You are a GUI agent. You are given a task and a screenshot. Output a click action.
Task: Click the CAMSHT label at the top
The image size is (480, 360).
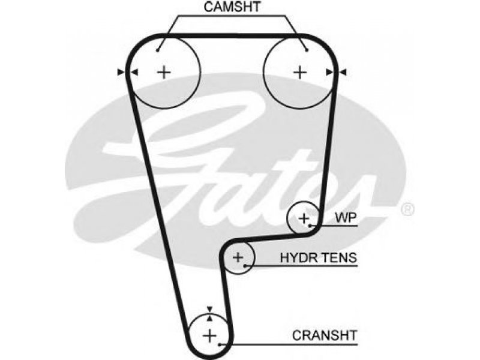[232, 7]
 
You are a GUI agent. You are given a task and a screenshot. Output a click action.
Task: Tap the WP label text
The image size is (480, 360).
[346, 218]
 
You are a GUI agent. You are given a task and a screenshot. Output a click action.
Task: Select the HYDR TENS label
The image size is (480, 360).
[319, 258]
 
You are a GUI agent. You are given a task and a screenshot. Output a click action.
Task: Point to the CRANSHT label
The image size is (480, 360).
[325, 335]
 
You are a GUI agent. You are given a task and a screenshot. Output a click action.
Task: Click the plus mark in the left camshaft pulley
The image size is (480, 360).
[164, 73]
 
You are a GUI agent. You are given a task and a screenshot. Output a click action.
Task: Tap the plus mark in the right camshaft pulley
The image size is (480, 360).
[300, 73]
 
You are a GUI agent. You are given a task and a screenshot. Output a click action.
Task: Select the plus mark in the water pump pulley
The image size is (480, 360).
[304, 218]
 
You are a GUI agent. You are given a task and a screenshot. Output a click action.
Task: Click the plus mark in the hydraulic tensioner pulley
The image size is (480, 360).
[238, 257]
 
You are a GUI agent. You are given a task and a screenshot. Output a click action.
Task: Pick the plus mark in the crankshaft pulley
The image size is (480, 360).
[209, 336]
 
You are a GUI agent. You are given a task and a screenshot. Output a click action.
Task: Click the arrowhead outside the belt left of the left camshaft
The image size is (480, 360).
[121, 73]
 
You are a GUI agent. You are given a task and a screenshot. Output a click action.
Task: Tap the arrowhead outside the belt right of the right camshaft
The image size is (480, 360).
[343, 73]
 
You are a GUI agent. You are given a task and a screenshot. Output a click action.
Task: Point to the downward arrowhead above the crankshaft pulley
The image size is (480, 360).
[209, 308]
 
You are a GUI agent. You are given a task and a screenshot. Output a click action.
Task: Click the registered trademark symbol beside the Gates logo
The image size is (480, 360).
[407, 209]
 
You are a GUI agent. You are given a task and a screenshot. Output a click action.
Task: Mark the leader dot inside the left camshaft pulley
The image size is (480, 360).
[158, 50]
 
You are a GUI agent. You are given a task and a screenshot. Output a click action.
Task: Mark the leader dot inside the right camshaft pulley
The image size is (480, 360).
[307, 50]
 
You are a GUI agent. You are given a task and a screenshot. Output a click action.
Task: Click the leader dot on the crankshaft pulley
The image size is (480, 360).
[220, 345]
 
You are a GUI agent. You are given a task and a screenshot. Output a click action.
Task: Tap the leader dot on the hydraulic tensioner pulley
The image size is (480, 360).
[245, 266]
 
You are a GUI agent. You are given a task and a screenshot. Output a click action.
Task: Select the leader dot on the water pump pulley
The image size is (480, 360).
[310, 226]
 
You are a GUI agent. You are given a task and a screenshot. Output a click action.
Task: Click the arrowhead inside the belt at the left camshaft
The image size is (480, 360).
[134, 73]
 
